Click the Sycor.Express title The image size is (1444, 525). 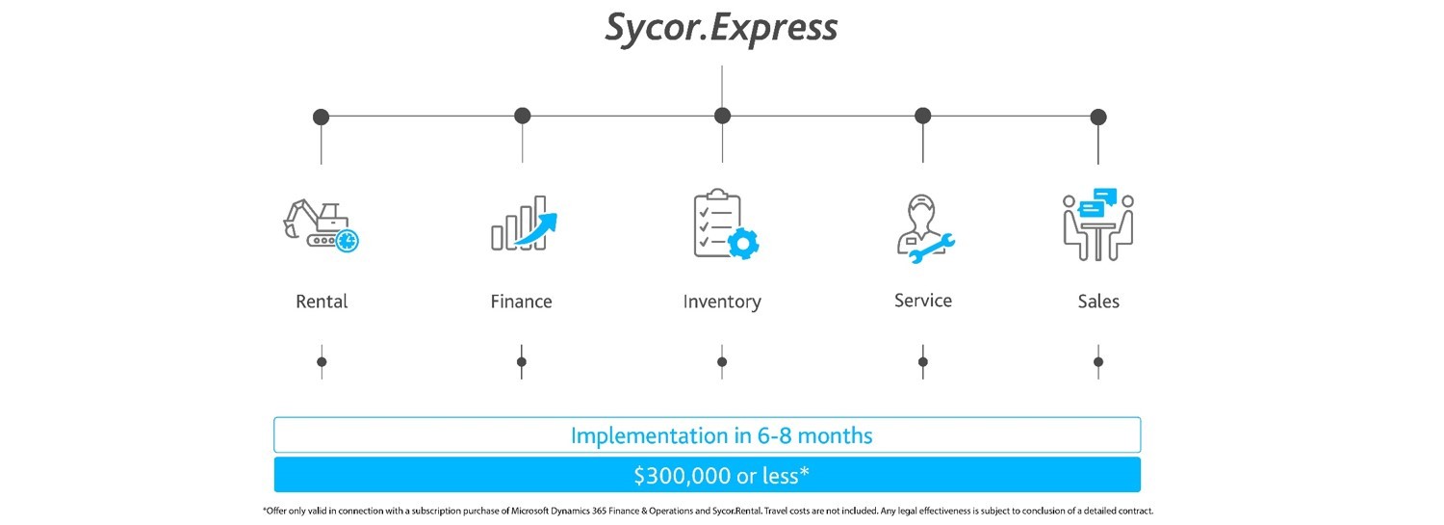[x=721, y=28]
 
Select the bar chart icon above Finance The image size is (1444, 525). [x=522, y=223]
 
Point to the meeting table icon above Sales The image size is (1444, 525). [x=1098, y=224]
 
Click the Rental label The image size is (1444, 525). [x=322, y=302]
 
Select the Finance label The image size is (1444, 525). [x=522, y=302]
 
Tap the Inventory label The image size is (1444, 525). [x=722, y=302]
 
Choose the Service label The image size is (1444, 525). [x=923, y=301]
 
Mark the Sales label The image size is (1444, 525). [x=1098, y=302]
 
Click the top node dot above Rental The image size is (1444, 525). [x=322, y=117]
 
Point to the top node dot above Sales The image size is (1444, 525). [x=1098, y=117]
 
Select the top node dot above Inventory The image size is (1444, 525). [x=722, y=116]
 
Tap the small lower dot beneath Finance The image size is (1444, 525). [x=522, y=362]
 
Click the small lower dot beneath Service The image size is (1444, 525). [x=923, y=362]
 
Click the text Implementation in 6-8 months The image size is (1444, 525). [x=721, y=435]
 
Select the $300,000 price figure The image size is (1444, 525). [x=683, y=475]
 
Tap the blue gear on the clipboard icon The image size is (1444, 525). [x=742, y=243]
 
